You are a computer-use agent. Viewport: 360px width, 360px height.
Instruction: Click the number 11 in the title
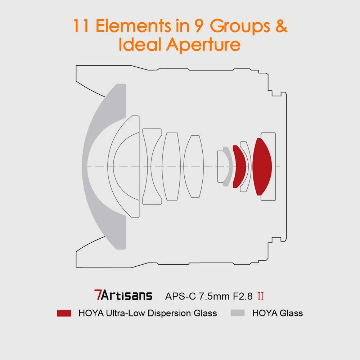[81, 27]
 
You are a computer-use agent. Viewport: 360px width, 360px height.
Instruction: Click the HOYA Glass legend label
[277, 313]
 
